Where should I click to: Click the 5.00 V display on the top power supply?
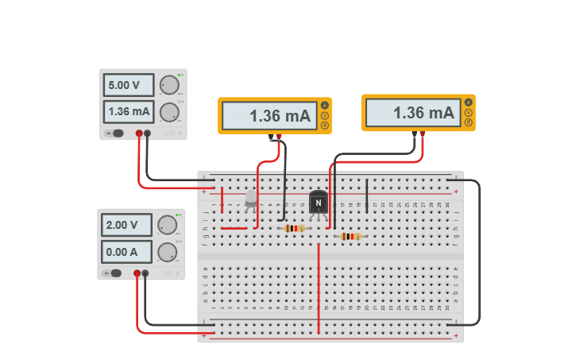128,85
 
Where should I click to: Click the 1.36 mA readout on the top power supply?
128,111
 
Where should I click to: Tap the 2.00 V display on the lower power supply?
126,225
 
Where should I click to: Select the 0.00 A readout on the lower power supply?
126,252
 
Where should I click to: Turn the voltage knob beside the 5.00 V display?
168,85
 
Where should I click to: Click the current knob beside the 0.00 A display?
167,253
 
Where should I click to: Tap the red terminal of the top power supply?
139,134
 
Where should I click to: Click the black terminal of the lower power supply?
145,273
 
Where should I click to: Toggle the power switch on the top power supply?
116,134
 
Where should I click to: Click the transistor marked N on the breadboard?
319,203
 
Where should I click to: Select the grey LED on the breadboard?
251,198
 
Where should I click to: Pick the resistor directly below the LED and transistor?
294,228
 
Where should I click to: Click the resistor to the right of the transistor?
350,236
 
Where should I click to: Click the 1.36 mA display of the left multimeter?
269,116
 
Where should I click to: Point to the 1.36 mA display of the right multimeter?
412,113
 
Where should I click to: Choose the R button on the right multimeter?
468,123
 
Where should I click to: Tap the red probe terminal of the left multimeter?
278,137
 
